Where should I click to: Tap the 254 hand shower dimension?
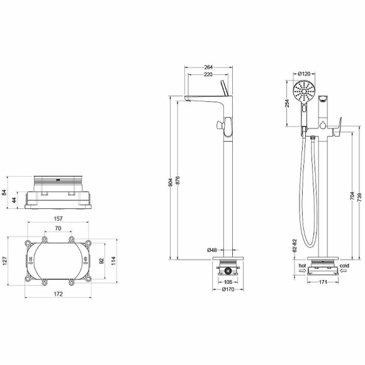286,103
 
